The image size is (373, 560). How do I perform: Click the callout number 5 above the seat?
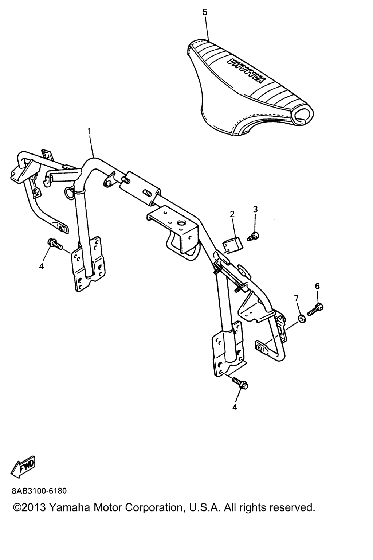pyautogui.click(x=205, y=12)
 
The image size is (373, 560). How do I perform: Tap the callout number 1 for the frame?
pyautogui.click(x=89, y=131)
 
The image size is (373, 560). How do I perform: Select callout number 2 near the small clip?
pyautogui.click(x=232, y=214)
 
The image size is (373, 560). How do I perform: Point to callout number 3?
pyautogui.click(x=255, y=209)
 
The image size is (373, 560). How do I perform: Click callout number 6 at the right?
pyautogui.click(x=317, y=286)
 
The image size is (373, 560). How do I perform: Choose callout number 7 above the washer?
pyautogui.click(x=296, y=298)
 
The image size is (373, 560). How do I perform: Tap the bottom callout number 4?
pyautogui.click(x=235, y=407)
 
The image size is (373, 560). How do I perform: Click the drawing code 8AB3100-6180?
pyautogui.click(x=39, y=491)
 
